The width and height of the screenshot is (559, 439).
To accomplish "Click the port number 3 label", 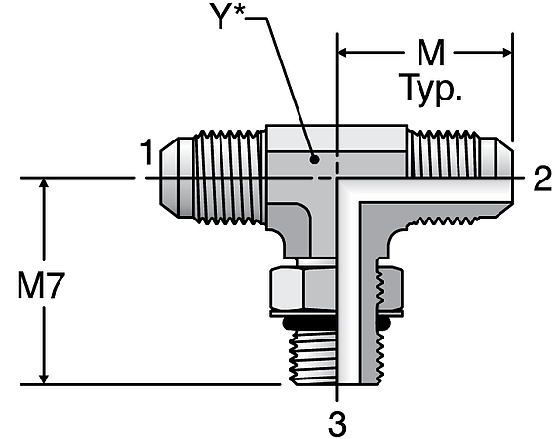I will [x=337, y=423].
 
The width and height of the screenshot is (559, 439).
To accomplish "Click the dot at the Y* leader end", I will [x=313, y=158].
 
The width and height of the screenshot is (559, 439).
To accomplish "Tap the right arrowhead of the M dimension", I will [x=504, y=50].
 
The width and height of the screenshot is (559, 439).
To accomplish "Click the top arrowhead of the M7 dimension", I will [x=44, y=185].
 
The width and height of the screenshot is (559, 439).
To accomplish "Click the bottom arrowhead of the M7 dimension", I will [x=44, y=378].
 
